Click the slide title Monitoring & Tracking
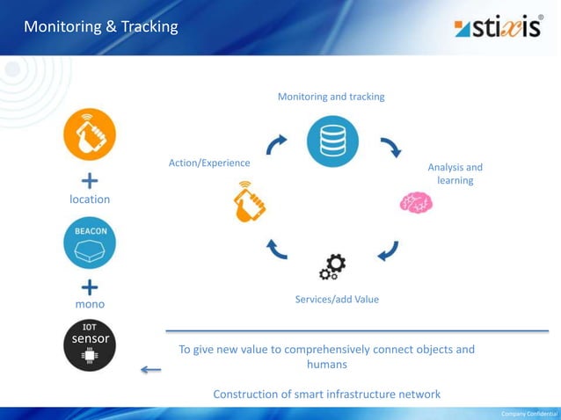coord(100,27)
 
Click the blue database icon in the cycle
coord(332,141)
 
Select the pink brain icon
coord(416,202)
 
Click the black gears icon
coord(332,266)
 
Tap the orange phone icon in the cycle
coord(249,202)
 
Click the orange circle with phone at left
coord(90,139)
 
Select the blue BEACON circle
coord(90,242)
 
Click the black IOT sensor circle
coord(90,344)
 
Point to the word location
coord(90,199)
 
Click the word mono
coord(90,304)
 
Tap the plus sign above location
coord(90,182)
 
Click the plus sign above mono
coord(90,286)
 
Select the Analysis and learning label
coord(455,174)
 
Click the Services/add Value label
coord(337,300)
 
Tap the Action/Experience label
coord(209,163)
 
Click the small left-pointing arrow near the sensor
coord(150,370)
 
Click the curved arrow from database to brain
coord(390,148)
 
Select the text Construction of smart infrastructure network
coord(326,394)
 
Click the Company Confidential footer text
coord(528,413)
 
